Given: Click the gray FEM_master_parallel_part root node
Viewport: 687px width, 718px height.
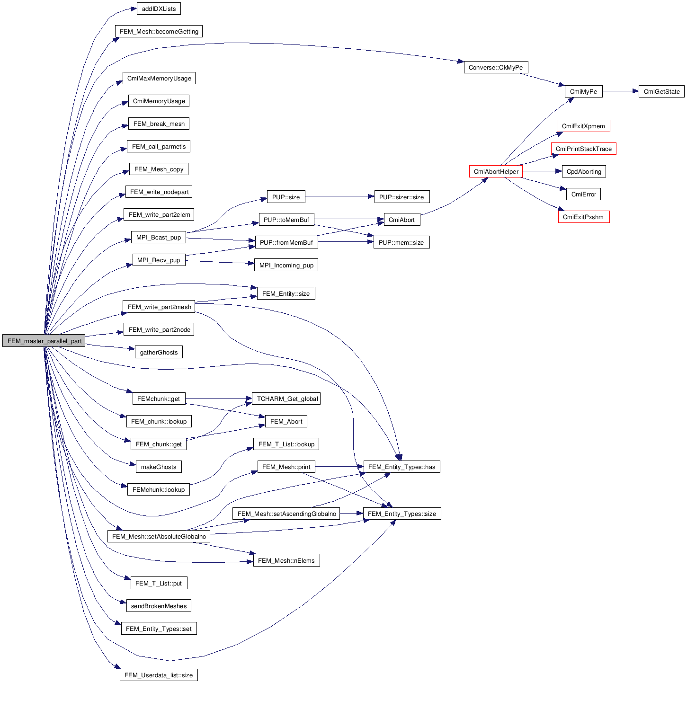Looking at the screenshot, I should pyautogui.click(x=44, y=341).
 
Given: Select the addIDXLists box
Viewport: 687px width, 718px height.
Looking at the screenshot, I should pyautogui.click(x=159, y=9).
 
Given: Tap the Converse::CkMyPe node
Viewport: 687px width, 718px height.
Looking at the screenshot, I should pyautogui.click(x=496, y=67).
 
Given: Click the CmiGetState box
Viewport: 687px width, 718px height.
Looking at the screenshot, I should pyautogui.click(x=661, y=91).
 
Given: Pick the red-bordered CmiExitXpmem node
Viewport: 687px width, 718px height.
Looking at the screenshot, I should pyautogui.click(x=583, y=126).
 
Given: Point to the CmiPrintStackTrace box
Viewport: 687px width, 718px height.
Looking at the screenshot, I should pyautogui.click(x=583, y=149).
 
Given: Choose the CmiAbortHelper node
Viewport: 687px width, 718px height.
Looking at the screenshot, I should pyautogui.click(x=496, y=171).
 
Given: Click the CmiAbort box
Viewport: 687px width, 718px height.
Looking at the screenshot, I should pyautogui.click(x=401, y=220).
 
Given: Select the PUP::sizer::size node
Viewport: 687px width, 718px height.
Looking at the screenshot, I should pyautogui.click(x=401, y=197).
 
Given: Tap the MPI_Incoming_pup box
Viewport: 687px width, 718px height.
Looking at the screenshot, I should pyautogui.click(x=286, y=265).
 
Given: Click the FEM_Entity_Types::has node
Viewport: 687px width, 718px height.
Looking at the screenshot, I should pyautogui.click(x=401, y=467).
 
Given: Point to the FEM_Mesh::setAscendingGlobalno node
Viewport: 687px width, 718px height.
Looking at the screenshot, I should pyautogui.click(x=286, y=514).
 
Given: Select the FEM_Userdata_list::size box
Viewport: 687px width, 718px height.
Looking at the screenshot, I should pyautogui.click(x=159, y=675).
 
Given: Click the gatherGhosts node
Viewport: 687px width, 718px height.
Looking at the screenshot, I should pyautogui.click(x=159, y=352).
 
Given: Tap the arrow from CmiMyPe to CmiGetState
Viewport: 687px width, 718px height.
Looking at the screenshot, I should pyautogui.click(x=620, y=91).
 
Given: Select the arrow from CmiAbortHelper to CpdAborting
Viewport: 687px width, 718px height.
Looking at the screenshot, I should pyautogui.click(x=542, y=171).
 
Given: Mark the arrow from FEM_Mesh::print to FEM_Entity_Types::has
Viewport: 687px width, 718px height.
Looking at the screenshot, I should pyautogui.click(x=339, y=467).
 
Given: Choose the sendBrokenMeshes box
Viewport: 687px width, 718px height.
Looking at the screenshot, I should pyautogui.click(x=159, y=606).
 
